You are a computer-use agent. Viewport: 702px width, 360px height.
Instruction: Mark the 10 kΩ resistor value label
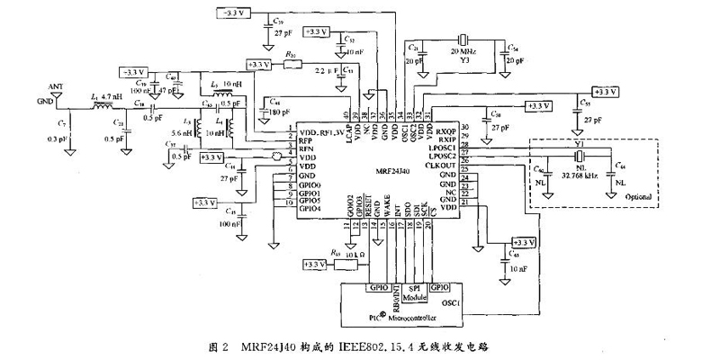pos(355,256)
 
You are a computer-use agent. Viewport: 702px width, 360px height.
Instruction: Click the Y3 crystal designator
pos(463,63)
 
